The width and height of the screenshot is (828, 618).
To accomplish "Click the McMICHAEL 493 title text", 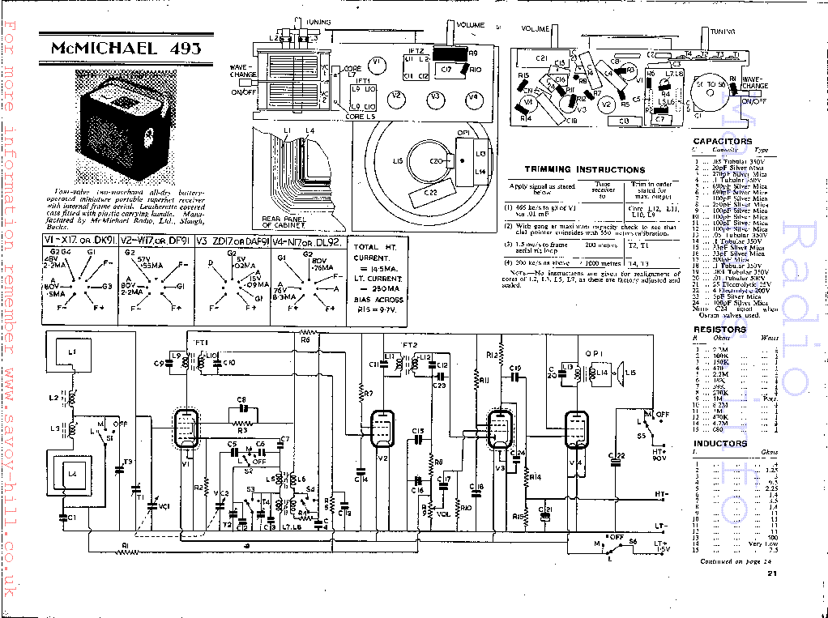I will coord(126,48).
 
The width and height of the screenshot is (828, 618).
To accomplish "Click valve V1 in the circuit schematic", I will coord(187,428).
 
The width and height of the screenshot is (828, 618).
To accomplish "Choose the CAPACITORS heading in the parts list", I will coord(722,142).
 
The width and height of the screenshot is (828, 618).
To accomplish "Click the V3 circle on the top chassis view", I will coord(435,98).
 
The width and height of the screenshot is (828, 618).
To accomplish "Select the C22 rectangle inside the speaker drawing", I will coord(430,192).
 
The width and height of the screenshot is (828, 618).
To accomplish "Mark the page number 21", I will coord(772,574).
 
